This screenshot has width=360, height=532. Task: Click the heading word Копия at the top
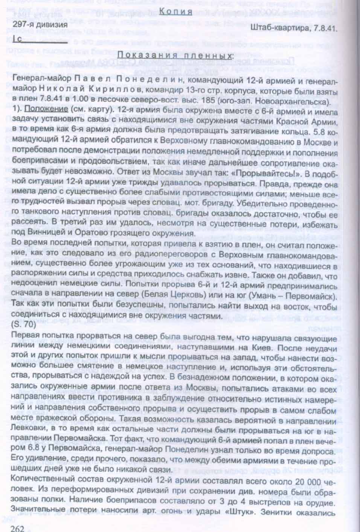[176, 12]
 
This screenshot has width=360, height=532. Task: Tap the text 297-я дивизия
[40, 25]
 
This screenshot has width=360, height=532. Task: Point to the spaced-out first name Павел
[92, 83]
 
